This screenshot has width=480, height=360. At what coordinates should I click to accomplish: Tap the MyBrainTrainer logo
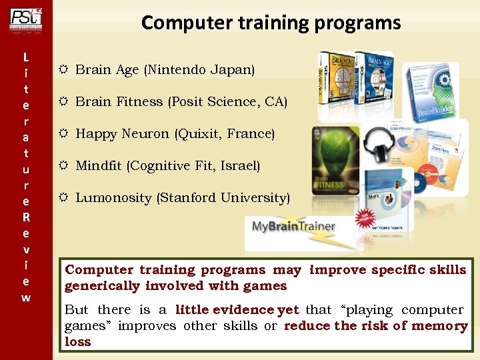point(293,227)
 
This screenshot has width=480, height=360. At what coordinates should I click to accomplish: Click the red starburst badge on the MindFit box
point(365,218)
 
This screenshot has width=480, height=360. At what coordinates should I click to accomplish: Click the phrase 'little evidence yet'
point(237,310)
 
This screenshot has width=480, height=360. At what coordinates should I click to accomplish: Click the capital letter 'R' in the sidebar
point(25,217)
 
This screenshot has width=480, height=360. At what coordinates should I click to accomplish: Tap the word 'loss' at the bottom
point(77,342)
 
